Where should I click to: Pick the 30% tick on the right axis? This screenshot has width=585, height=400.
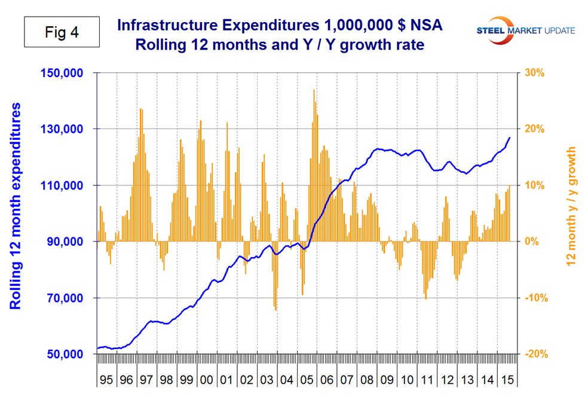click(x=535, y=73)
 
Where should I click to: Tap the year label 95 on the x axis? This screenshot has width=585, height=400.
click(x=107, y=380)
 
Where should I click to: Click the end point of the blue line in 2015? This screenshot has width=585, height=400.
click(x=510, y=138)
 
